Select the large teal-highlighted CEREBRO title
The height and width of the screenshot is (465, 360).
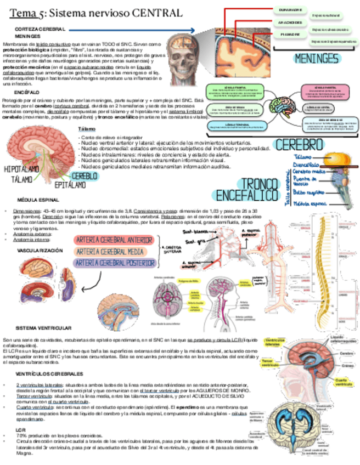click(299, 145)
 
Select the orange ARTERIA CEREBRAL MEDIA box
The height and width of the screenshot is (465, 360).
click(110, 251)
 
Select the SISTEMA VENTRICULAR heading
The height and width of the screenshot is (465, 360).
click(44, 328)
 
